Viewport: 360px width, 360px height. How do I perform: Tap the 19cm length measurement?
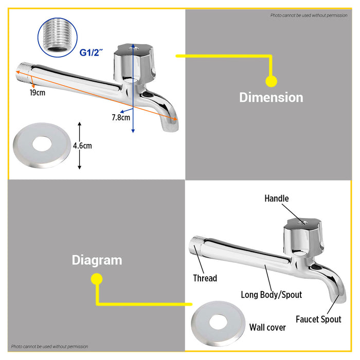37,93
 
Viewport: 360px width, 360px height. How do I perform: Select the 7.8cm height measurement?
120,117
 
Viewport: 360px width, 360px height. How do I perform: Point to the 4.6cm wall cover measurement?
82,146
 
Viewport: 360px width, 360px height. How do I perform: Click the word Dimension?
271,97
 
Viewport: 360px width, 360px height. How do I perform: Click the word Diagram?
97,260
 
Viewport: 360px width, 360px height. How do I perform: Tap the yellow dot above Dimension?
271,81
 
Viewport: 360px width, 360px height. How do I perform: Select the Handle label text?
277,199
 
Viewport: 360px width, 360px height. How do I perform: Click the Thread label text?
205,278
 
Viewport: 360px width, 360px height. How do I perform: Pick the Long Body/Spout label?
271,295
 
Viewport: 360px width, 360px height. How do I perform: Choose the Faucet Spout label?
318,319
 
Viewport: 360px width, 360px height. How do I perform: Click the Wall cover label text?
267,327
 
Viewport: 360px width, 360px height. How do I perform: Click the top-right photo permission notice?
309,15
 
